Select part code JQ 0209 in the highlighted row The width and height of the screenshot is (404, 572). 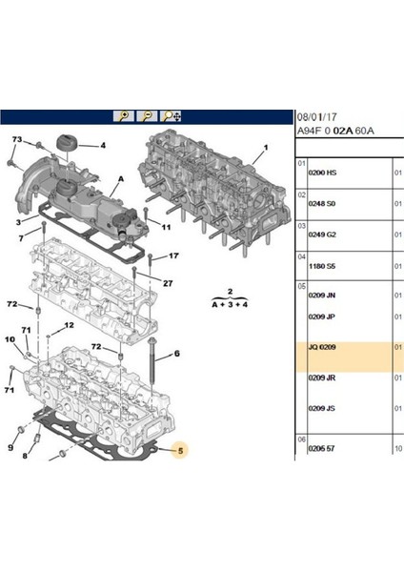click(324, 349)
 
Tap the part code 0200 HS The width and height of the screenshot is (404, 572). click(324, 174)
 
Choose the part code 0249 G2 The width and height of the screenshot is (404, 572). click(324, 233)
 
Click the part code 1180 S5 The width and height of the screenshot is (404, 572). click(324, 262)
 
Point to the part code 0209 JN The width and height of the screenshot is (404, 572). click(324, 296)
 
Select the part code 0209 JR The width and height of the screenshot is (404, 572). click(324, 378)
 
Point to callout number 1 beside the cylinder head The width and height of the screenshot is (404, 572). click(266, 146)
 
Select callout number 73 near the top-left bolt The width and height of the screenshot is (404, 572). click(16, 140)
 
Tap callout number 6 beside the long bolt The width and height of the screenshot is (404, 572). click(177, 355)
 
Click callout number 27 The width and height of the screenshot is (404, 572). click(168, 283)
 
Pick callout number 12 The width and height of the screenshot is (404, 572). click(70, 326)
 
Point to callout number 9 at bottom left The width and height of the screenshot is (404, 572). click(10, 446)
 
